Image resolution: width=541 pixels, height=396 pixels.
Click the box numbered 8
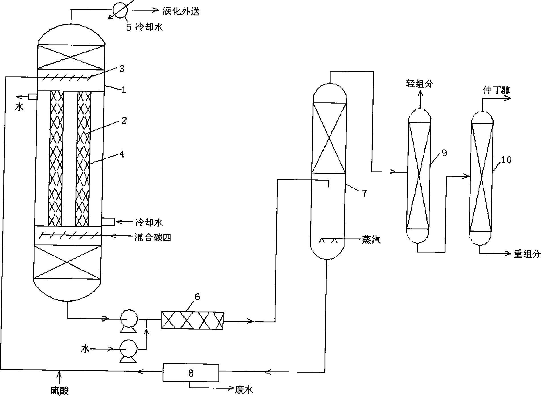pyautogui.click(x=191, y=372)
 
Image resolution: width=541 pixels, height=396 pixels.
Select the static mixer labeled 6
pyautogui.click(x=192, y=320)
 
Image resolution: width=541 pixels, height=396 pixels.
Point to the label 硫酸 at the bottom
pyautogui.click(x=60, y=390)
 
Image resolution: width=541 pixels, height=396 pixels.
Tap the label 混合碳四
pyautogui.click(x=153, y=237)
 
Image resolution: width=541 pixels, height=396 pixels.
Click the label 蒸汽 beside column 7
pyautogui.click(x=371, y=241)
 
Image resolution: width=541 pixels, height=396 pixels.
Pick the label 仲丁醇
pyautogui.click(x=496, y=90)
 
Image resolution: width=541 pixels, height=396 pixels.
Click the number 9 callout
pyautogui.click(x=444, y=153)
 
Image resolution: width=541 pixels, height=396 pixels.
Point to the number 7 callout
pyautogui.click(x=364, y=193)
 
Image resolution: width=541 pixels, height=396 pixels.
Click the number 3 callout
pyautogui.click(x=122, y=69)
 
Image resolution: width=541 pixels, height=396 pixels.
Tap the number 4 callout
pyautogui.click(x=122, y=154)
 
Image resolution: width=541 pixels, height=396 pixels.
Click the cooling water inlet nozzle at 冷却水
pyautogui.click(x=108, y=221)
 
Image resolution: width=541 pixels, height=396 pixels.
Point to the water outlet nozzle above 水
pyautogui.click(x=33, y=97)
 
